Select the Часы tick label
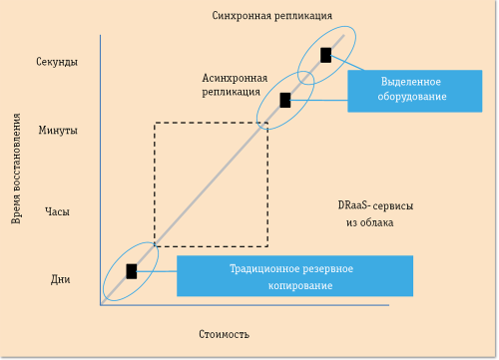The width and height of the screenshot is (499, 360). point(58,211)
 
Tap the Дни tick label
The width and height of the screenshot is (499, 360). point(59,279)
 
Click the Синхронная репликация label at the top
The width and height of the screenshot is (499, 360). point(272,15)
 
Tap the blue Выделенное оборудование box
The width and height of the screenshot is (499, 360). point(413,89)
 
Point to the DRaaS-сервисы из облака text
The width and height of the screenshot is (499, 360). point(374,213)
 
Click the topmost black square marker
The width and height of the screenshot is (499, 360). point(325,55)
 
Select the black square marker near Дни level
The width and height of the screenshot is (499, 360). point(131,270)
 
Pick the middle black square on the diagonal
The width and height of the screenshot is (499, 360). point(285,100)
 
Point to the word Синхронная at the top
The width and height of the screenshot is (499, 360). point(243,15)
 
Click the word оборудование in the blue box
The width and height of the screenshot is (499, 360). point(412,97)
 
